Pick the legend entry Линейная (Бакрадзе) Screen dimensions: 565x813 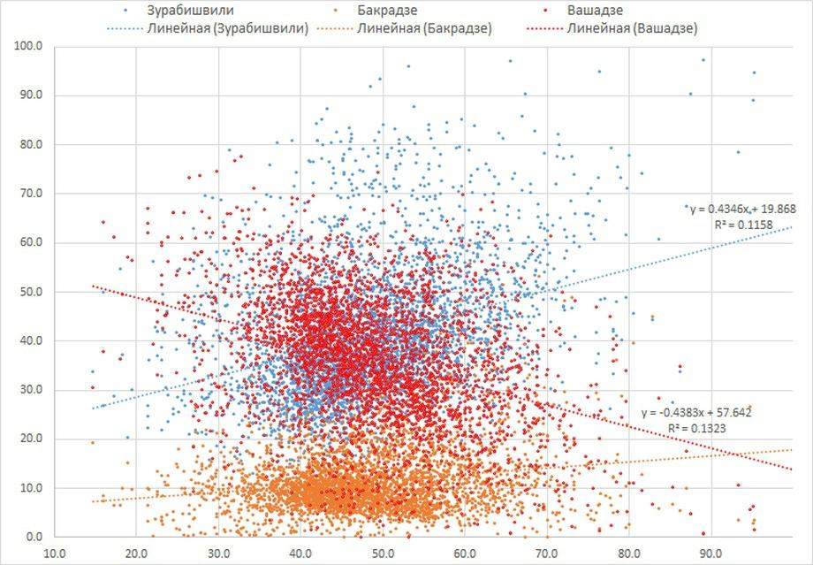tap(425, 28)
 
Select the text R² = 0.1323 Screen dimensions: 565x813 tap(698, 429)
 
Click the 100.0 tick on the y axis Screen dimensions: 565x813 tap(29, 46)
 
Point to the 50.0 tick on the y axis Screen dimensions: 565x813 tap(31, 292)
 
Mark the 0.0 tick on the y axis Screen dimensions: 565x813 tap(34, 537)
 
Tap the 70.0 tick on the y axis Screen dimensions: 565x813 tap(31, 194)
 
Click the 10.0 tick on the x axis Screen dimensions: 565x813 tap(54, 554)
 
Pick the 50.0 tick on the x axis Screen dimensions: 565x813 tap(383, 554)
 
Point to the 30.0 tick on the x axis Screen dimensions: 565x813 tap(218, 554)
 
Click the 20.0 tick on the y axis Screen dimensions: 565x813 tap(31, 439)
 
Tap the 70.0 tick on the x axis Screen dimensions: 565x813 tap(547, 554)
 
